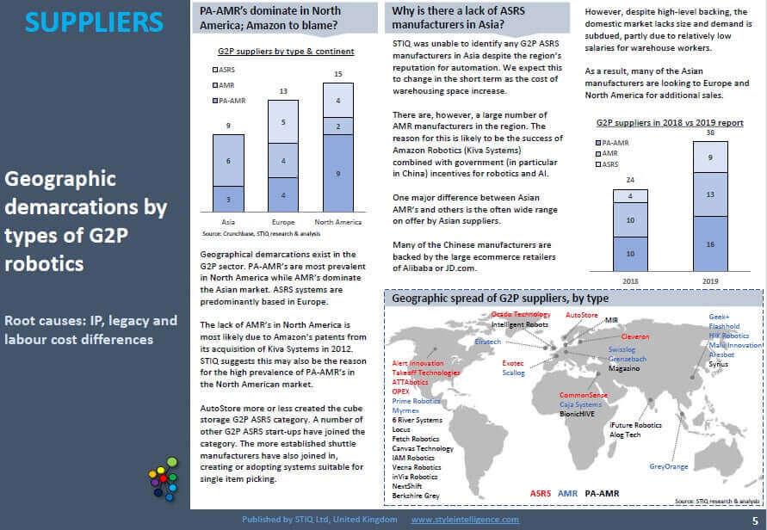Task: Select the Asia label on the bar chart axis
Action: (x=228, y=222)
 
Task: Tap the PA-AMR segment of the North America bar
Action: (x=337, y=173)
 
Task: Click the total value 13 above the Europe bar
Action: (x=282, y=90)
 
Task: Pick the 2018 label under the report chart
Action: (x=629, y=281)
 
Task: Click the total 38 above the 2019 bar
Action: (x=710, y=133)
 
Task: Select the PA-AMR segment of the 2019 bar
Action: (x=710, y=244)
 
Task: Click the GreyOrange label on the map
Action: (x=669, y=466)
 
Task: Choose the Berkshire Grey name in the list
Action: (x=416, y=496)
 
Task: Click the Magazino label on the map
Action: (x=624, y=368)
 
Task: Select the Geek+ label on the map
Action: (x=720, y=317)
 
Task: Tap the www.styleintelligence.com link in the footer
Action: (x=465, y=520)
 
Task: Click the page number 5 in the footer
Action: (x=754, y=520)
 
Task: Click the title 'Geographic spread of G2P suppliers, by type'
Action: (x=500, y=299)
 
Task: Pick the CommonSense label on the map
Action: (x=584, y=395)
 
